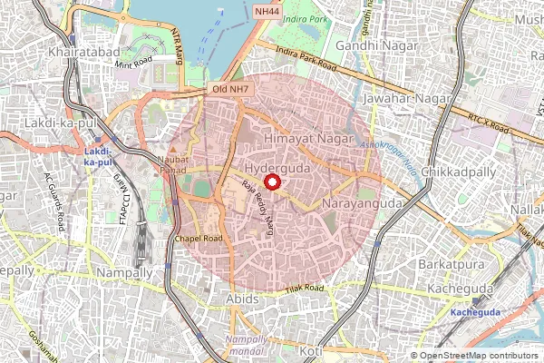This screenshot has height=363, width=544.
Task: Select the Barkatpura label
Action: coord(450,262)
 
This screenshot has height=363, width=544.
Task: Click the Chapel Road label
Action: coord(199,239)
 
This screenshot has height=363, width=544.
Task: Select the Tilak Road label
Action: coord(303,289)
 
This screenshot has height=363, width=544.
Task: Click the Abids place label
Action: coord(229,298)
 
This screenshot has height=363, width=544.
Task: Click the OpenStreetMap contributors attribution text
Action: coord(478,356)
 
